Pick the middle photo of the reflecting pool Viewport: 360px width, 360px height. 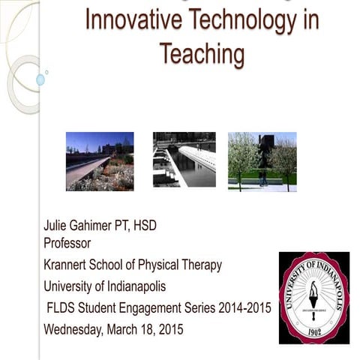[x=184, y=160]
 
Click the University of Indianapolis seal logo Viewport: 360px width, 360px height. [x=313, y=297]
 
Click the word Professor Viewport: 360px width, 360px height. [x=67, y=243]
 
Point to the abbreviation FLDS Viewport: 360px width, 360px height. [x=62, y=307]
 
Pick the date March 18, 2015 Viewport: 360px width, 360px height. [x=151, y=328]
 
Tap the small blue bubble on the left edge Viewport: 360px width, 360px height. [x=40, y=79]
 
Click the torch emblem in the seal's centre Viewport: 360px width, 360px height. [x=313, y=294]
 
